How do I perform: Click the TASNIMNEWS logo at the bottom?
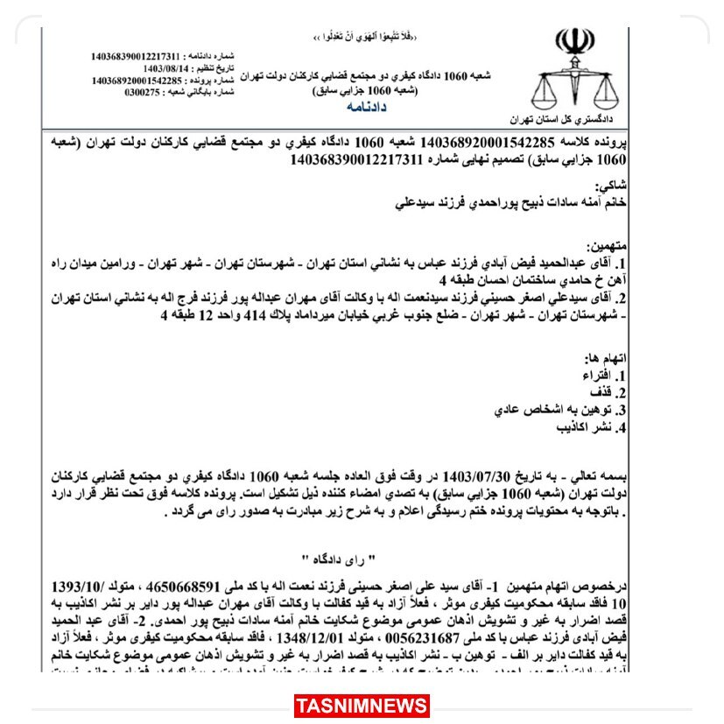point(362,705)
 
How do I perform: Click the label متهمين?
point(604,248)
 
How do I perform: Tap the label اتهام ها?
point(606,359)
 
